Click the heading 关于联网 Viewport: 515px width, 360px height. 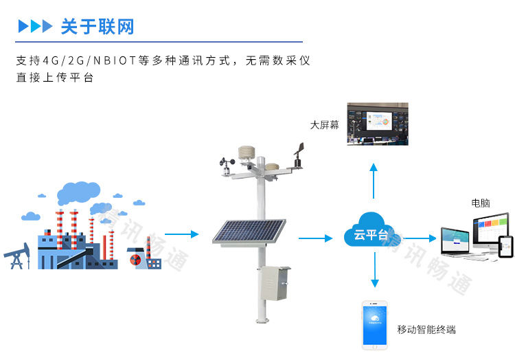[97, 27]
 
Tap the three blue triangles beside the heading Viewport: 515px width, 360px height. [35, 27]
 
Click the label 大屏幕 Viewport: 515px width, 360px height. [325, 125]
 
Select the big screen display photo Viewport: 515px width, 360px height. [377, 124]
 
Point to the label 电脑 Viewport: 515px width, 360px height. [481, 203]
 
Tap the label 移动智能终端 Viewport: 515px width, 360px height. [426, 329]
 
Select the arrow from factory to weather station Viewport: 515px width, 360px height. [182, 235]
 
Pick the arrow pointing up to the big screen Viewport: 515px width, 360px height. [374, 180]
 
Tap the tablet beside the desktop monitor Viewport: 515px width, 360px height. [505, 247]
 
